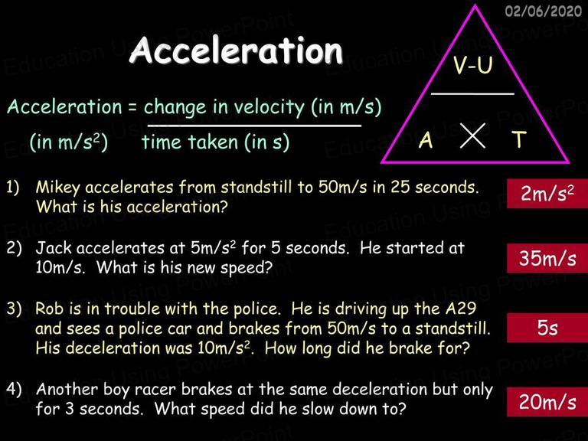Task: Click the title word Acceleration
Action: [x=237, y=51]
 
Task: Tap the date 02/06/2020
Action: [x=543, y=11]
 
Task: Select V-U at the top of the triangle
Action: [x=472, y=64]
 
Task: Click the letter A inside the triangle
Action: [x=426, y=141]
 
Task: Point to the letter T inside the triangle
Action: [x=519, y=139]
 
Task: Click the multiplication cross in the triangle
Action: [x=472, y=136]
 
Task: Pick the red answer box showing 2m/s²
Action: [x=547, y=194]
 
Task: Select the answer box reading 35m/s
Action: [x=547, y=258]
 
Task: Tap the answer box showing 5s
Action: [x=547, y=328]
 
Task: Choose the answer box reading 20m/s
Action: [x=547, y=402]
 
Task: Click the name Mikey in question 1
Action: [x=57, y=188]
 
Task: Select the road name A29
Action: [x=461, y=309]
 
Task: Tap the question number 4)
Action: [x=14, y=390]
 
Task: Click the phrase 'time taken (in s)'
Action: [x=215, y=142]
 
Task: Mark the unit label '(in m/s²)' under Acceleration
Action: [x=69, y=142]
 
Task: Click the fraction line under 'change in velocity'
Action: [x=254, y=126]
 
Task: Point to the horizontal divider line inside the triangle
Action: [x=472, y=93]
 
